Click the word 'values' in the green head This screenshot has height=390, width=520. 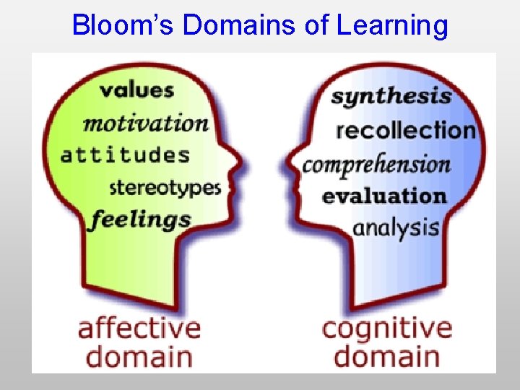pyautogui.click(x=136, y=90)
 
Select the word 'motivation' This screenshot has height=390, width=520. pyautogui.click(x=145, y=123)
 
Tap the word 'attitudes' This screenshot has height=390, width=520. pyautogui.click(x=125, y=155)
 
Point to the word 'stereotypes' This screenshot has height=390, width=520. pyautogui.click(x=165, y=188)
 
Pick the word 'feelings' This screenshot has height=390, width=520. pyautogui.click(x=139, y=220)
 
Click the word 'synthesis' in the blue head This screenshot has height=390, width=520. pyautogui.click(x=391, y=96)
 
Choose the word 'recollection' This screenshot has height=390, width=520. pyautogui.click(x=406, y=131)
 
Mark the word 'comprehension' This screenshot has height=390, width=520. pyautogui.click(x=376, y=164)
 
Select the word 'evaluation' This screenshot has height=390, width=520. pyautogui.click(x=384, y=196)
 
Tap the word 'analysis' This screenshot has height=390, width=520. pyautogui.click(x=396, y=227)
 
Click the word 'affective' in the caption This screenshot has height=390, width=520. pyautogui.click(x=139, y=329)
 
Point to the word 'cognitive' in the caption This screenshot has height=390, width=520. pyautogui.click(x=387, y=329)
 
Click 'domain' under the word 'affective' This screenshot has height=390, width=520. pyautogui.click(x=139, y=357)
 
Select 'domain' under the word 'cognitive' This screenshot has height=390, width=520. pyautogui.click(x=388, y=357)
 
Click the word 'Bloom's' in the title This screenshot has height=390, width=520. pyautogui.click(x=123, y=25)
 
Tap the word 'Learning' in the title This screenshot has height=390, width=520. pyautogui.click(x=392, y=25)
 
